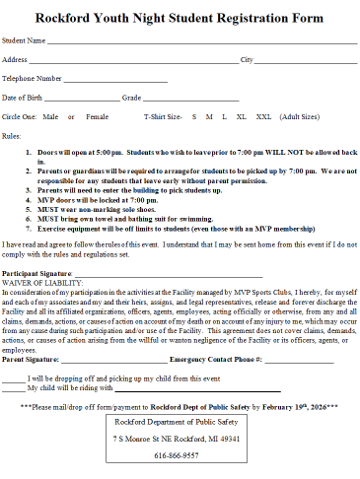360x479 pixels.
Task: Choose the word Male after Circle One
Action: click(50, 116)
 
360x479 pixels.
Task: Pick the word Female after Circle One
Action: click(97, 116)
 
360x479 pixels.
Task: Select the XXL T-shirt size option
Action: click(263, 116)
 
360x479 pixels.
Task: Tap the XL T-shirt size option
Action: click(241, 116)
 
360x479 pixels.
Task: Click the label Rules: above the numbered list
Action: click(12, 134)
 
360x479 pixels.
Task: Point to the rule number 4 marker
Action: click(28, 199)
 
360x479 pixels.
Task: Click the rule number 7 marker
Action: click(28, 226)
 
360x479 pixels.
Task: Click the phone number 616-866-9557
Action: click(177, 455)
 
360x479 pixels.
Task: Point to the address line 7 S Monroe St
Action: click(177, 437)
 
